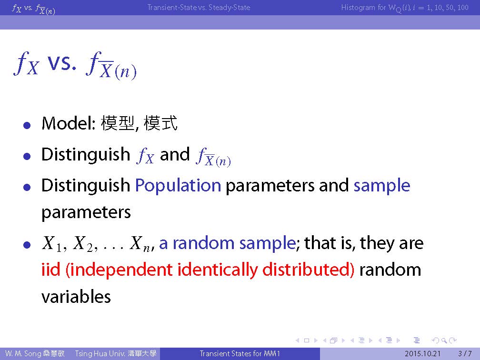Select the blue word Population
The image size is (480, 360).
(x=178, y=186)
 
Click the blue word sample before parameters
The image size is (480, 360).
(x=382, y=186)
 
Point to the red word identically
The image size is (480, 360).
(x=218, y=270)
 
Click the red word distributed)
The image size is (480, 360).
(x=308, y=270)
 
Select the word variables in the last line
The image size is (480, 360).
(x=76, y=297)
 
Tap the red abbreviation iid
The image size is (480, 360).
(x=51, y=270)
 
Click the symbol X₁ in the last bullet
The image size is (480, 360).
(x=52, y=244)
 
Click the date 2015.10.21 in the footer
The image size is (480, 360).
(x=422, y=353)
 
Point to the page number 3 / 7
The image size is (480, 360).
(x=465, y=353)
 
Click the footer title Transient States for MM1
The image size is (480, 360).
(x=240, y=353)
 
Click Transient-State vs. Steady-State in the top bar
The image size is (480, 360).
(x=199, y=7)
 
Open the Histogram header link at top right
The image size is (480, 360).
(x=405, y=8)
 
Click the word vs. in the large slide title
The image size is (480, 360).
(x=61, y=62)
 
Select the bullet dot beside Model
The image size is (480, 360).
(x=27, y=125)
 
